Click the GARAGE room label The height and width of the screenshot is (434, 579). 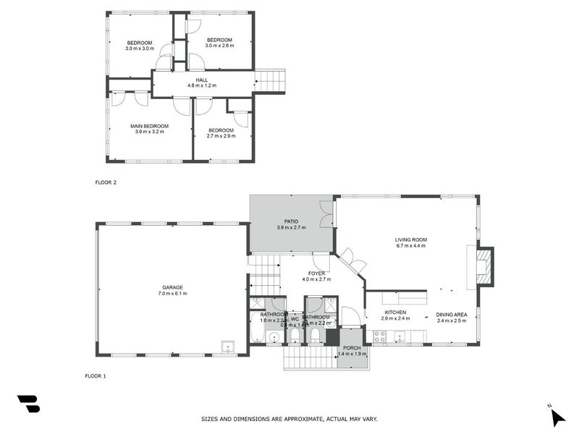pyautogui.click(x=172, y=287)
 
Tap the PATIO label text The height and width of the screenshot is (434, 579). pyautogui.click(x=292, y=221)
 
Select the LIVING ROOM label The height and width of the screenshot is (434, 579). pyautogui.click(x=410, y=239)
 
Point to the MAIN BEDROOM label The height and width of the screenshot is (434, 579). pyautogui.click(x=149, y=126)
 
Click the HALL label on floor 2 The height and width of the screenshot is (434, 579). pyautogui.click(x=202, y=80)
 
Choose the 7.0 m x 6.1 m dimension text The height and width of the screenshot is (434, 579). pyautogui.click(x=172, y=294)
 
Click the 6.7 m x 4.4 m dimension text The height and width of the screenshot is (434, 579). pyautogui.click(x=410, y=246)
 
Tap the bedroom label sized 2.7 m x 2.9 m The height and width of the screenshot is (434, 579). pyautogui.click(x=221, y=130)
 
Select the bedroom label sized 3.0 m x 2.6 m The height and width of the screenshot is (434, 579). pyautogui.click(x=219, y=39)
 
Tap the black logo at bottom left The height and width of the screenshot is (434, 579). pyautogui.click(x=29, y=404)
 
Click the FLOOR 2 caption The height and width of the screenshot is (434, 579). pyautogui.click(x=106, y=182)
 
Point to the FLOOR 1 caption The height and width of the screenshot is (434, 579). pyautogui.click(x=96, y=376)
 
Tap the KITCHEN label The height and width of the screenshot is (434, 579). pyautogui.click(x=395, y=312)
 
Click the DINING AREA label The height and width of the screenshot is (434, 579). pyautogui.click(x=451, y=313)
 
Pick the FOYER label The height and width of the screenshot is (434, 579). pyautogui.click(x=316, y=273)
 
